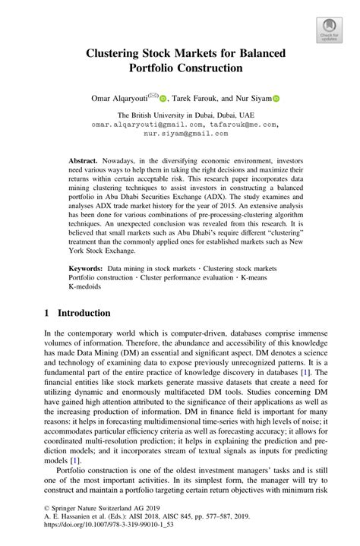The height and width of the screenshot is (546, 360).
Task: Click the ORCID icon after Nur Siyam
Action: (x=276, y=98)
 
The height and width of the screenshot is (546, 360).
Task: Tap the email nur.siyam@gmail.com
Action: (x=180, y=131)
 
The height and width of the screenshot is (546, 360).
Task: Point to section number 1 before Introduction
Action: (x=46, y=313)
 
